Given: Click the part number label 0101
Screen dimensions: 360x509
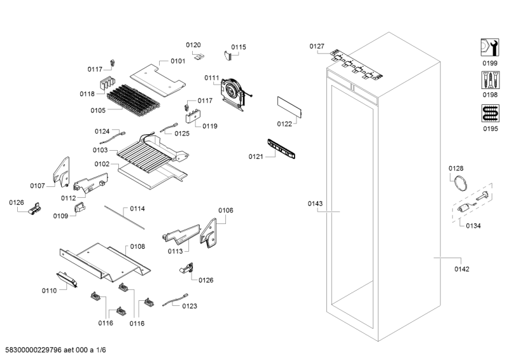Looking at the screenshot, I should click(x=178, y=61).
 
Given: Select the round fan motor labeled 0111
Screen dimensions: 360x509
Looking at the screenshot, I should click(x=232, y=90).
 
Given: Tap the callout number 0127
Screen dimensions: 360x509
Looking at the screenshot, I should click(x=317, y=46).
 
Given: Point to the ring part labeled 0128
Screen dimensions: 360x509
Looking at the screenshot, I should click(x=459, y=184).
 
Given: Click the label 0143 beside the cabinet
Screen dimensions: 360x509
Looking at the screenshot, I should click(x=315, y=204).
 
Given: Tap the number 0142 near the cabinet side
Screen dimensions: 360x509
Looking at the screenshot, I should click(x=461, y=269).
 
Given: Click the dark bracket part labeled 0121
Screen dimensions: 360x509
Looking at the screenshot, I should click(x=282, y=148).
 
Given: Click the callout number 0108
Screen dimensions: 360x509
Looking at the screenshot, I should click(x=137, y=246).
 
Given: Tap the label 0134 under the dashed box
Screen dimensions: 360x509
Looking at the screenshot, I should click(x=473, y=226).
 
